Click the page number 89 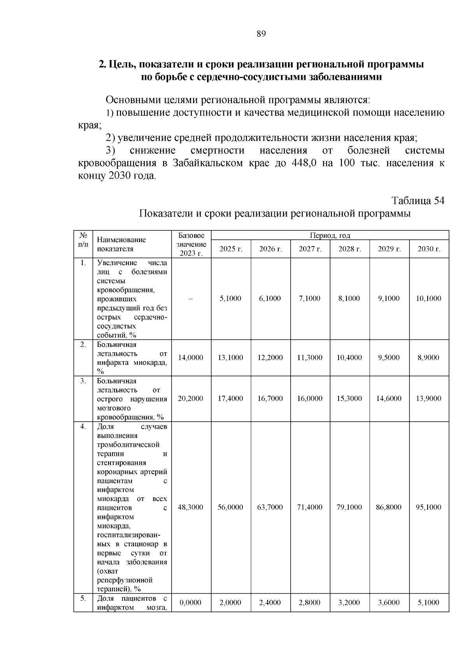pyautogui.click(x=261, y=34)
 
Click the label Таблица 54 pyautogui.click(x=418, y=200)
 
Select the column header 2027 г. pyautogui.click(x=310, y=249)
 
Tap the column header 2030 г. pyautogui.click(x=429, y=249)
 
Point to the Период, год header pyautogui.click(x=330, y=236)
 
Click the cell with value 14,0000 pyautogui.click(x=190, y=357)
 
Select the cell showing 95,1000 pyautogui.click(x=428, y=507)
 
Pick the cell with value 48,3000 pyautogui.click(x=190, y=507)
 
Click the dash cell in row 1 pyautogui.click(x=190, y=299)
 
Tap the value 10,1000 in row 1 pyautogui.click(x=428, y=299)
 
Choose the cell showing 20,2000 pyautogui.click(x=190, y=399)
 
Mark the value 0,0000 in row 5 pyautogui.click(x=190, y=603)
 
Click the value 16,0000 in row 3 pyautogui.click(x=310, y=399)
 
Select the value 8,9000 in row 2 pyautogui.click(x=428, y=357)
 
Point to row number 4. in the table pyautogui.click(x=83, y=427)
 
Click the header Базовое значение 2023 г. pyautogui.click(x=191, y=244)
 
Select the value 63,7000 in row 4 pyautogui.click(x=270, y=507)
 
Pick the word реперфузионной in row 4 pyautogui.click(x=125, y=580)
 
